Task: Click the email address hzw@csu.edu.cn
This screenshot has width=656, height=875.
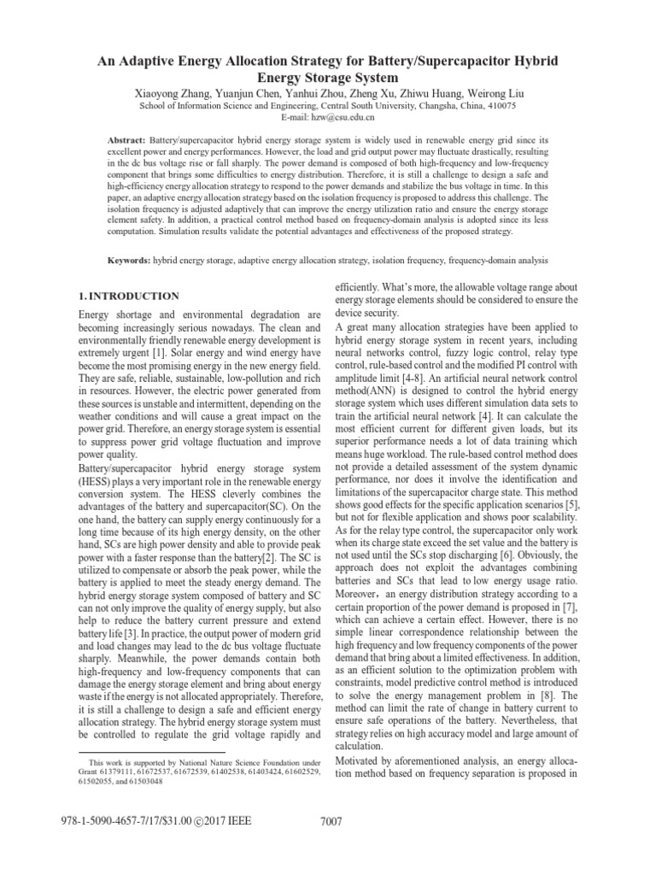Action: click(343, 117)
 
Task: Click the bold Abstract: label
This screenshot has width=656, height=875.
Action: click(126, 138)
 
